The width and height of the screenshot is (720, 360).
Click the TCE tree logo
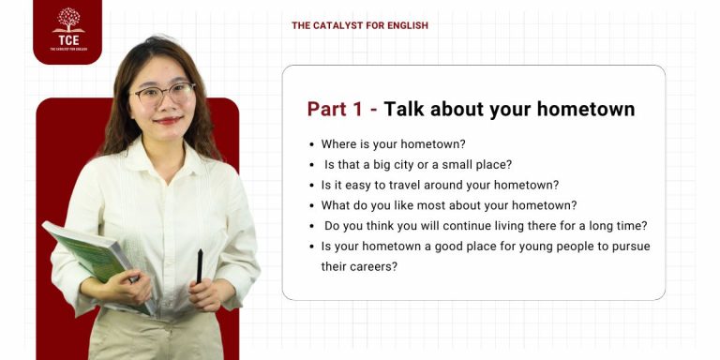tap(67, 21)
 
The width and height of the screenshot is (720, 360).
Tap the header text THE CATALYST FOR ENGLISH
tap(360, 25)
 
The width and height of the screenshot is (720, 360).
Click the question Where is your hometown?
tap(393, 144)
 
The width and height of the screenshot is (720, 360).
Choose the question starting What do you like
tap(449, 205)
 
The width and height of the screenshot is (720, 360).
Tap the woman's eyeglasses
tap(162, 93)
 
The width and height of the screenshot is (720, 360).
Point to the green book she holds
tap(89, 253)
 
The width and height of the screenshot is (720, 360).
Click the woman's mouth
tap(167, 120)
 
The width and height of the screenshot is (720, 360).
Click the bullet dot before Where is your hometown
tap(311, 144)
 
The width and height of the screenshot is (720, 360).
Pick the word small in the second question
tap(466, 165)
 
